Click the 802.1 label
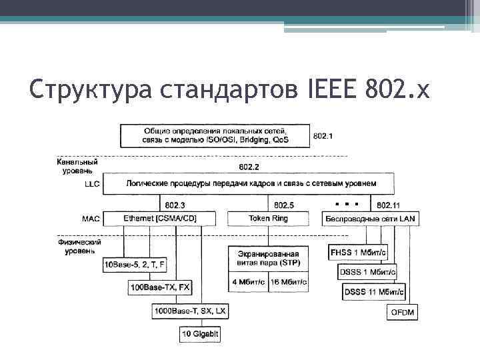pos(323,137)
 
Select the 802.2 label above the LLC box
pos(248,167)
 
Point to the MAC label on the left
pos(91,218)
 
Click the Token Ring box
pos(268,218)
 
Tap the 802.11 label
pos(389,205)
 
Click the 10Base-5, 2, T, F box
pos(134,265)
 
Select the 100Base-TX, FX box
pos(160,287)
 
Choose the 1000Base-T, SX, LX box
pos(191,311)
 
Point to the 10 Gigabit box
pos(200,333)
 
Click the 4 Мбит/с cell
pos(247,282)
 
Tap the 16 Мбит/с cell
pos(289,282)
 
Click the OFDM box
pos(402,312)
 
